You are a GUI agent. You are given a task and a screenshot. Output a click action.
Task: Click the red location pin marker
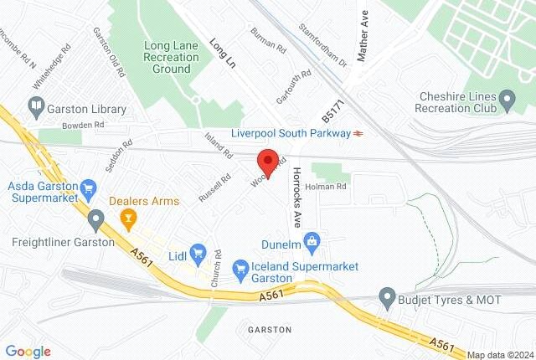coord(267,160)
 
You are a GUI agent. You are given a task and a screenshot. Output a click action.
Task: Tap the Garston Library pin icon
coord(36,109)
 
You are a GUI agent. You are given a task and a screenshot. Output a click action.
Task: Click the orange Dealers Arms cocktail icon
coord(128,220)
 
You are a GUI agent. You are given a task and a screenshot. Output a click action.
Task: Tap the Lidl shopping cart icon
coord(198,251)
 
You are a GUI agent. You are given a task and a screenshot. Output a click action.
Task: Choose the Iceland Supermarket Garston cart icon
coord(240,266)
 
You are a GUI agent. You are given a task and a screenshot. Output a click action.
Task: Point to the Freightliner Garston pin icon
coord(96,222)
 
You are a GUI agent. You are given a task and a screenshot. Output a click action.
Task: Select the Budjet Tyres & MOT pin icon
coord(387,296)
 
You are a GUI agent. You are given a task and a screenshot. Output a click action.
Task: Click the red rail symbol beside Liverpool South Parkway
coord(358,133)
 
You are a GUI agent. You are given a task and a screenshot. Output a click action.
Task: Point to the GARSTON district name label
coord(270,329)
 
